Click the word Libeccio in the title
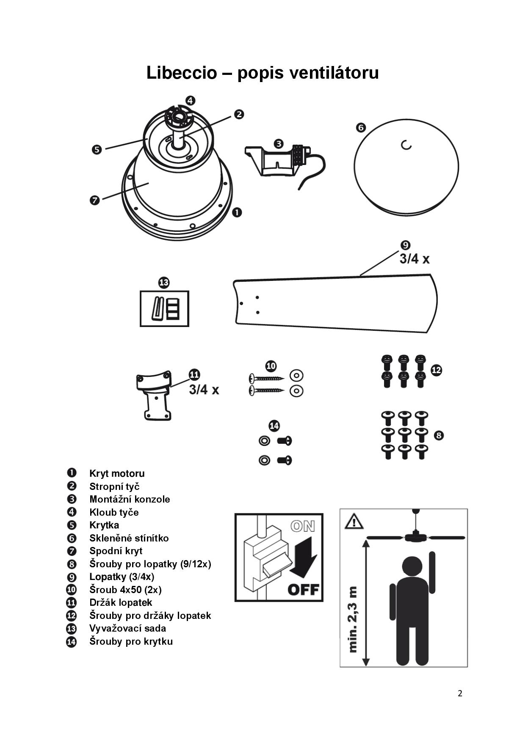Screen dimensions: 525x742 (x=181, y=73)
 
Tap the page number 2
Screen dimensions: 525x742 (x=460, y=693)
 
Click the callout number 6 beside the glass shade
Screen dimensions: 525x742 (x=361, y=127)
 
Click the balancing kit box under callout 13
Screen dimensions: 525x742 (x=164, y=308)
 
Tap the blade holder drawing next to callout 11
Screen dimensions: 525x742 (x=154, y=396)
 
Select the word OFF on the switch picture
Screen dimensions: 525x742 (x=303, y=589)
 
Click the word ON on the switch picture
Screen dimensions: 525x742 (x=303, y=526)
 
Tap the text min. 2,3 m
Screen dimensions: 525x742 (x=353, y=619)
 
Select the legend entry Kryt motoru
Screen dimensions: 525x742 (x=117, y=473)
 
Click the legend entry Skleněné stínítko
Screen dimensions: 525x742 (x=129, y=538)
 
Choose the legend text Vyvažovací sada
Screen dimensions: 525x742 (x=128, y=628)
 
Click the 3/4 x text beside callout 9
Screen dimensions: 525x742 (x=414, y=259)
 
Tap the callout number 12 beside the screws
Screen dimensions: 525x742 (x=436, y=370)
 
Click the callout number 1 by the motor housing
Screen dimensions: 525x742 (x=237, y=212)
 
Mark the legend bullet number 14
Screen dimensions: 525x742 (x=72, y=642)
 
